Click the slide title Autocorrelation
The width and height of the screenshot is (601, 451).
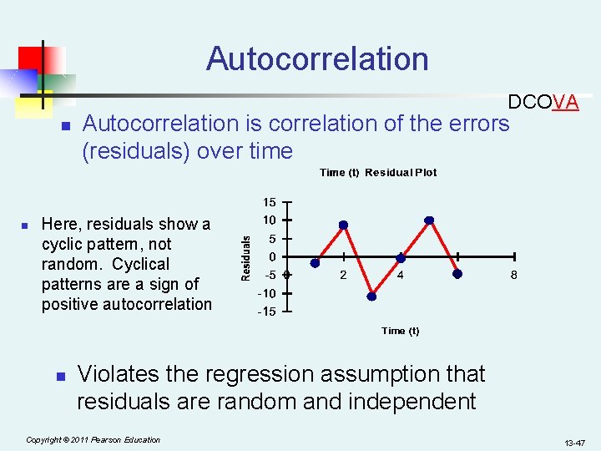(x=317, y=59)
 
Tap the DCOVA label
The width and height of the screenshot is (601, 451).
(x=543, y=103)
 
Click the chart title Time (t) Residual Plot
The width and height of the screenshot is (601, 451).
(x=378, y=173)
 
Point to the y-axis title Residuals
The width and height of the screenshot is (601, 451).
(x=246, y=256)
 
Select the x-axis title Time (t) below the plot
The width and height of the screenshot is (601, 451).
(x=400, y=331)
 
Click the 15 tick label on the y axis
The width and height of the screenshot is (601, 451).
(x=269, y=203)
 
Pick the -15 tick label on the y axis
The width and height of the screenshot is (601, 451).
(x=267, y=312)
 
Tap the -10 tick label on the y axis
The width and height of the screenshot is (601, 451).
(x=267, y=293)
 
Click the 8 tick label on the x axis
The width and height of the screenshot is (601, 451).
(x=514, y=276)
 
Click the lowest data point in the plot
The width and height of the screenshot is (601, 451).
(x=372, y=296)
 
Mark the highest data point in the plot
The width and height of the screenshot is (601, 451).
(x=429, y=220)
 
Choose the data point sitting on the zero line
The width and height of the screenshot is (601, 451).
(x=401, y=258)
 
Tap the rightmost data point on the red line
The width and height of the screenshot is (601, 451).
(x=457, y=273)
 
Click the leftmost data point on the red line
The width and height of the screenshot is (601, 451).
(x=315, y=262)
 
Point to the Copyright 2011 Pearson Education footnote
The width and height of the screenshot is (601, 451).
(x=93, y=439)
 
